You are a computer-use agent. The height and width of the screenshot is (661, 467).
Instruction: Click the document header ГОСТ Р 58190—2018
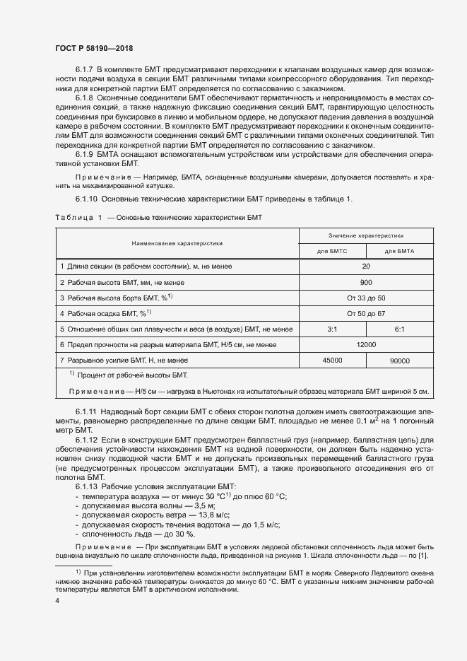[x=93, y=48]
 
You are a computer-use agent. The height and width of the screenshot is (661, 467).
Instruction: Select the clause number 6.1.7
[x=84, y=70]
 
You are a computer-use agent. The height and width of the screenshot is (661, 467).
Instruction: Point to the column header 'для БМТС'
[x=332, y=251]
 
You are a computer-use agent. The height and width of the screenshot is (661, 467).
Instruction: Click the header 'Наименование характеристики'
[x=177, y=242]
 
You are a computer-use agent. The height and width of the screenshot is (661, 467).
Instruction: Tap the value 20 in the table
[x=365, y=267]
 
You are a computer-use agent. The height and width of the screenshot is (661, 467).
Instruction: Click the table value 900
[x=365, y=282]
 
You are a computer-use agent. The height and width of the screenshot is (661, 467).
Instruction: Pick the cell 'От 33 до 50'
[x=365, y=298]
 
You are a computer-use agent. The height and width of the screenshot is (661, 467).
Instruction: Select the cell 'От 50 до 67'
[x=365, y=313]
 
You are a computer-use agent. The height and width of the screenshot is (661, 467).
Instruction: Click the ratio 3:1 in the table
[x=332, y=329]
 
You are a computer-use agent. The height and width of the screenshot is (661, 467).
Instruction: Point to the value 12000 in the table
[x=365, y=344]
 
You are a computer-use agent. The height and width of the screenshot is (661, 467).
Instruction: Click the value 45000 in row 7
[x=332, y=360]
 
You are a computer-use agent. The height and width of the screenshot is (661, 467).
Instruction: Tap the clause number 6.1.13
[x=86, y=488]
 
